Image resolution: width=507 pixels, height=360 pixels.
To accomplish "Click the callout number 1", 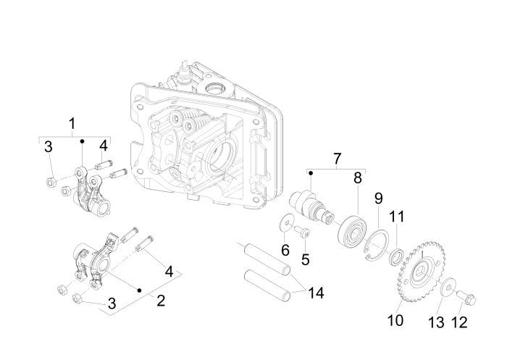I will coord(72,124).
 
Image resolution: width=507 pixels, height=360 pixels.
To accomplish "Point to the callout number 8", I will coord(357,177).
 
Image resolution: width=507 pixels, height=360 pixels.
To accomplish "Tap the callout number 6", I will coord(285,250).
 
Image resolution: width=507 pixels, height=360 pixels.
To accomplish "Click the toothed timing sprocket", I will coord(419,269).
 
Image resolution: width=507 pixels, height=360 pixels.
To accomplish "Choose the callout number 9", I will coord(377,198).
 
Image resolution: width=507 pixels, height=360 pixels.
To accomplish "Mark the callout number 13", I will coord(435,321).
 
